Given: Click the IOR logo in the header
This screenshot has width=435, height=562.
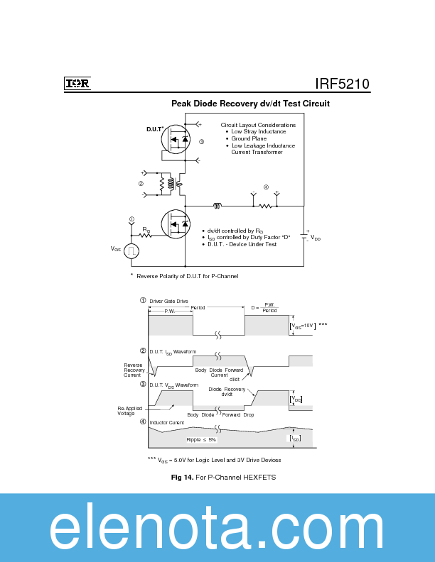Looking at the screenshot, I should point(77,83).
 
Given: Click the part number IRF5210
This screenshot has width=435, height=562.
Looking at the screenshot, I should point(342,83).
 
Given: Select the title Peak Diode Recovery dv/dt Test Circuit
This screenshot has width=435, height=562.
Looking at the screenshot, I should point(249,104).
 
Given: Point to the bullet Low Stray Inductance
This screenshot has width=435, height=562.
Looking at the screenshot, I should point(258,131).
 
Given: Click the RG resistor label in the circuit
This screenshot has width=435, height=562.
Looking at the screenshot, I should point(146,229).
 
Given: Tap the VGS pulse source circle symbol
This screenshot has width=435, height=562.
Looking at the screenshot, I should point(131,250).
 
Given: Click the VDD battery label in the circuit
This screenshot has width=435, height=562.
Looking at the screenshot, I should point(315,239).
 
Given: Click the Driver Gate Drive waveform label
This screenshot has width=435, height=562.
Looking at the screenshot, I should point(168,301).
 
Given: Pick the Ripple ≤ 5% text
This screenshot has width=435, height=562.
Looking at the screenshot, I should point(201,440).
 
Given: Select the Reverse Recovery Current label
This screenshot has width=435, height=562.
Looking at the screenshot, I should point(133,370).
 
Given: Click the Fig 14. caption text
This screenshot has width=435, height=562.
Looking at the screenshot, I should point(223,478).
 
